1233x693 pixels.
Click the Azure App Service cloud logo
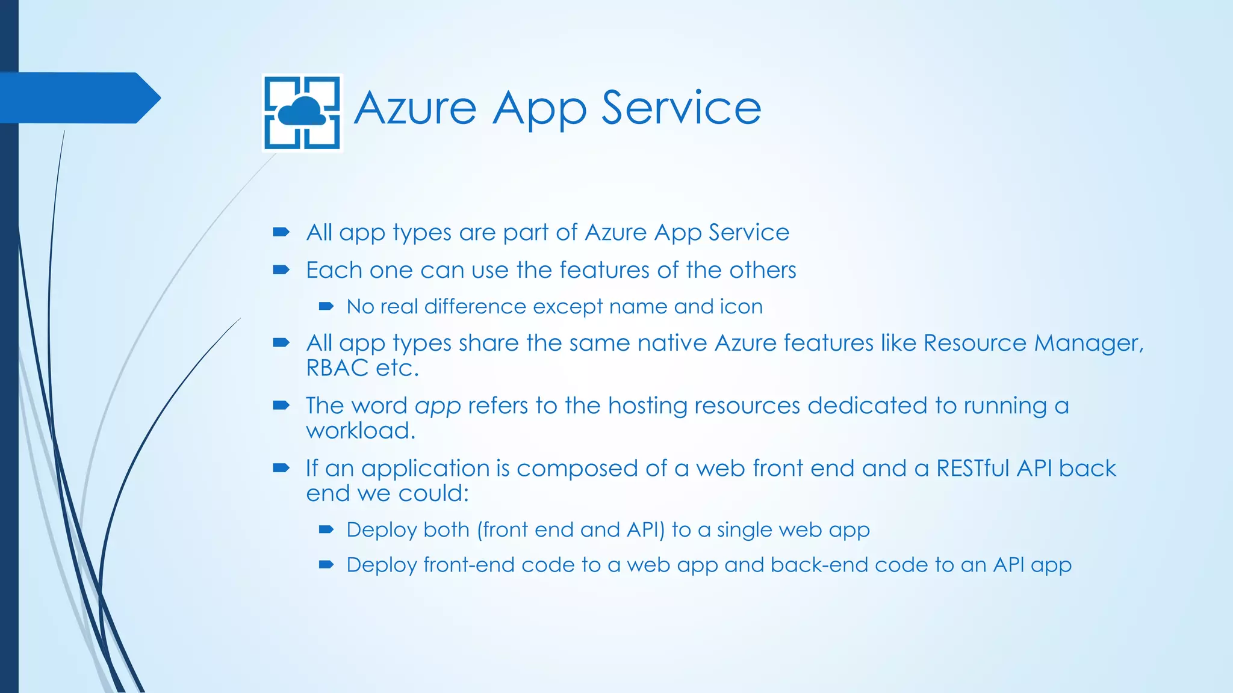click(303, 112)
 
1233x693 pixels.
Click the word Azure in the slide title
click(415, 108)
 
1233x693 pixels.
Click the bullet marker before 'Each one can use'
click(281, 270)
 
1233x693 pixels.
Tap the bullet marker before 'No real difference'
click(326, 307)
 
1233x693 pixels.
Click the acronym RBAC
click(337, 368)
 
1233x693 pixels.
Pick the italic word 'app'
click(438, 407)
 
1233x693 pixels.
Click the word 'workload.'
click(361, 431)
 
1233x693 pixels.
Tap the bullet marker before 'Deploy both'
click(326, 530)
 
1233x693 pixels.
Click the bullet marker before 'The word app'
click(281, 405)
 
